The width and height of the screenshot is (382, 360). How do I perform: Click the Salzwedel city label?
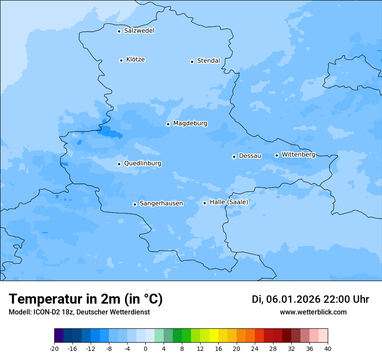point(139,31)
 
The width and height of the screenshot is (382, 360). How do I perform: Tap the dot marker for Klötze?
point(121,60)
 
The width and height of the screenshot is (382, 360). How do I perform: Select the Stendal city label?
point(208,61)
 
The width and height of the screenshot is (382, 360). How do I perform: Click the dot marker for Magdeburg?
point(168,124)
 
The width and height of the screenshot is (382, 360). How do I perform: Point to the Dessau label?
point(250,156)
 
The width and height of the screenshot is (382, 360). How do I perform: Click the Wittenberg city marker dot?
point(277,155)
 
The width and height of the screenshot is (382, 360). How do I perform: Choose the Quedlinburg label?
point(142,164)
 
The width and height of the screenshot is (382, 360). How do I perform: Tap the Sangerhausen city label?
point(161,203)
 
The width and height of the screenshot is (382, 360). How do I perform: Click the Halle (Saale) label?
point(229,202)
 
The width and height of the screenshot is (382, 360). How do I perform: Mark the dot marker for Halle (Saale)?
point(204,203)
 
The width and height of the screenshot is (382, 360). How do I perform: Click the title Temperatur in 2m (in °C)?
point(86,299)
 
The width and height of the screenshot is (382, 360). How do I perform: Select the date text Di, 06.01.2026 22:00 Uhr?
point(310,299)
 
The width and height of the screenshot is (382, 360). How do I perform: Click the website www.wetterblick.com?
point(313,312)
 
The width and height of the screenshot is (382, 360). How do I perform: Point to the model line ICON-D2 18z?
point(79,312)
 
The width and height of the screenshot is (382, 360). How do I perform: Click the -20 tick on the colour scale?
point(54,348)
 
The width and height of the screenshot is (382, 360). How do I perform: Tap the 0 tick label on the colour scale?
point(145,348)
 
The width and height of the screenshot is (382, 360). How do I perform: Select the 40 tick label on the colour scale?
point(328,348)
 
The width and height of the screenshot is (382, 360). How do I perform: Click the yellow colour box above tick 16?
point(214,336)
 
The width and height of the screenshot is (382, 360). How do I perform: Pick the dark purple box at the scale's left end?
point(59,336)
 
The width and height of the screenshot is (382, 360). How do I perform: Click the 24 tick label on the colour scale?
point(255,348)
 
